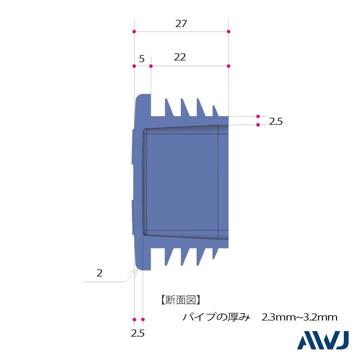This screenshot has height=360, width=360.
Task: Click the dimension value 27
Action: (x=181, y=24)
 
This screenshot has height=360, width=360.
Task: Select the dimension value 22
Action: (x=180, y=57)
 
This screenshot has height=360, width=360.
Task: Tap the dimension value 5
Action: (x=142, y=59)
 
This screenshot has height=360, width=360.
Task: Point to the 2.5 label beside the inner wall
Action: (x=276, y=121)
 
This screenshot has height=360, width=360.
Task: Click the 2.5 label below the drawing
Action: (x=138, y=333)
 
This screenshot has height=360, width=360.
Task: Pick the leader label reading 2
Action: (x=99, y=273)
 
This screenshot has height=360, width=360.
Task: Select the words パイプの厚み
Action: (x=216, y=317)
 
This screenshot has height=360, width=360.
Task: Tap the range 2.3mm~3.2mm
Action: (x=299, y=317)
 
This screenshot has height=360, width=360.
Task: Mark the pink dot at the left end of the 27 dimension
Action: (x=134, y=31)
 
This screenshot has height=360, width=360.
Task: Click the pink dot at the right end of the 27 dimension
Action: (x=229, y=31)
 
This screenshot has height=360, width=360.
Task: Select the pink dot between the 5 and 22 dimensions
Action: (x=151, y=66)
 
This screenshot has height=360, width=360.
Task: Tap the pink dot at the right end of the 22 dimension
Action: (x=229, y=66)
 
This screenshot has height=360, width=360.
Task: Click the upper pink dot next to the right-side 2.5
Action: (x=258, y=116)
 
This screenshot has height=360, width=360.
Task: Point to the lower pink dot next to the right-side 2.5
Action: (x=258, y=125)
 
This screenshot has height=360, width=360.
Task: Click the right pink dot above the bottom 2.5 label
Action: (x=143, y=319)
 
